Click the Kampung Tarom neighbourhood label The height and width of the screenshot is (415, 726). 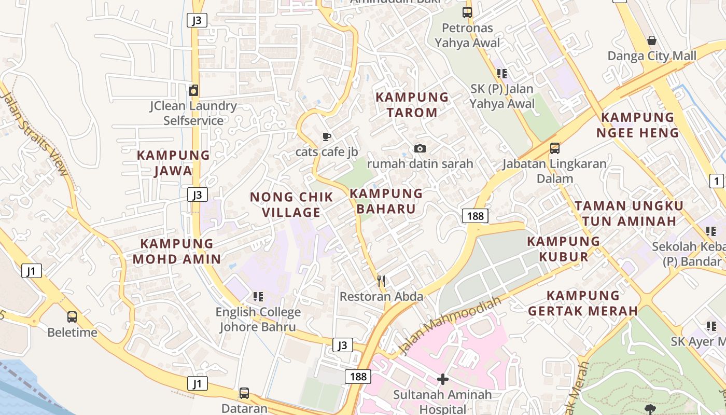pyautogui.click(x=412, y=105)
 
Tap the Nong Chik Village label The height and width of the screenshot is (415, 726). pyautogui.click(x=291, y=205)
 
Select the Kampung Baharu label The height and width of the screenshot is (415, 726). pyautogui.click(x=386, y=201)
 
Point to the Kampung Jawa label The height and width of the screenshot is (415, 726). pyautogui.click(x=173, y=163)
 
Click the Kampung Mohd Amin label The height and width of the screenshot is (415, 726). pyautogui.click(x=177, y=252)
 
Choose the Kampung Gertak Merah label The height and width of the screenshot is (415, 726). pyautogui.click(x=583, y=303)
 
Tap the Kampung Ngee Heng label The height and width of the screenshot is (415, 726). pyautogui.click(x=637, y=125)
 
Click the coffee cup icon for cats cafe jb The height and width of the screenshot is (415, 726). pyautogui.click(x=326, y=137)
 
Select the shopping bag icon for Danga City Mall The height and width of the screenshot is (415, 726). pyautogui.click(x=652, y=40)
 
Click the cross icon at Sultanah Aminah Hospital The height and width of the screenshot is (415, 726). pyautogui.click(x=442, y=379)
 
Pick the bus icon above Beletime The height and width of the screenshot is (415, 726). pyautogui.click(x=72, y=316)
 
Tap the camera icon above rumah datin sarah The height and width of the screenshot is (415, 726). pyautogui.click(x=420, y=149)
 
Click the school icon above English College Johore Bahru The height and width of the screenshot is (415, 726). pyautogui.click(x=258, y=297)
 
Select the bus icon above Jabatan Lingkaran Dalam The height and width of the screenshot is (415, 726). pyautogui.click(x=554, y=148)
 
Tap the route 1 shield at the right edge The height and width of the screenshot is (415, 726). pyautogui.click(x=716, y=181)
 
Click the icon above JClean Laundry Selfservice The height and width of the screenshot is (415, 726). pyautogui.click(x=193, y=91)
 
